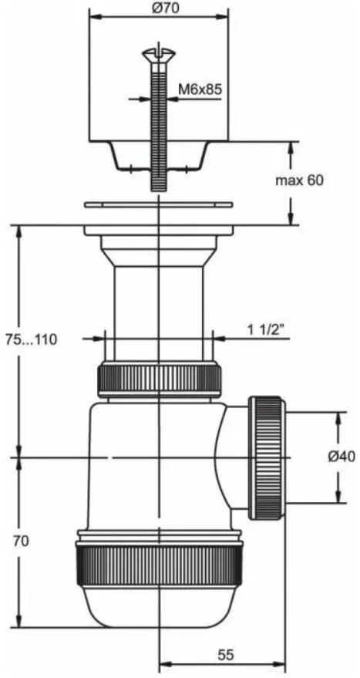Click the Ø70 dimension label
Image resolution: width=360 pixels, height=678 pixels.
click(x=160, y=8)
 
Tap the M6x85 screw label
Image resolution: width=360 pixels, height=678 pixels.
click(x=200, y=89)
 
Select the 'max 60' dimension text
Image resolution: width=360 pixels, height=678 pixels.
click(x=300, y=180)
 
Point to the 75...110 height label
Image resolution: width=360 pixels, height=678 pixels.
click(x=31, y=339)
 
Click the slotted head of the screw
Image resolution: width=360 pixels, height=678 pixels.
click(x=159, y=54)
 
